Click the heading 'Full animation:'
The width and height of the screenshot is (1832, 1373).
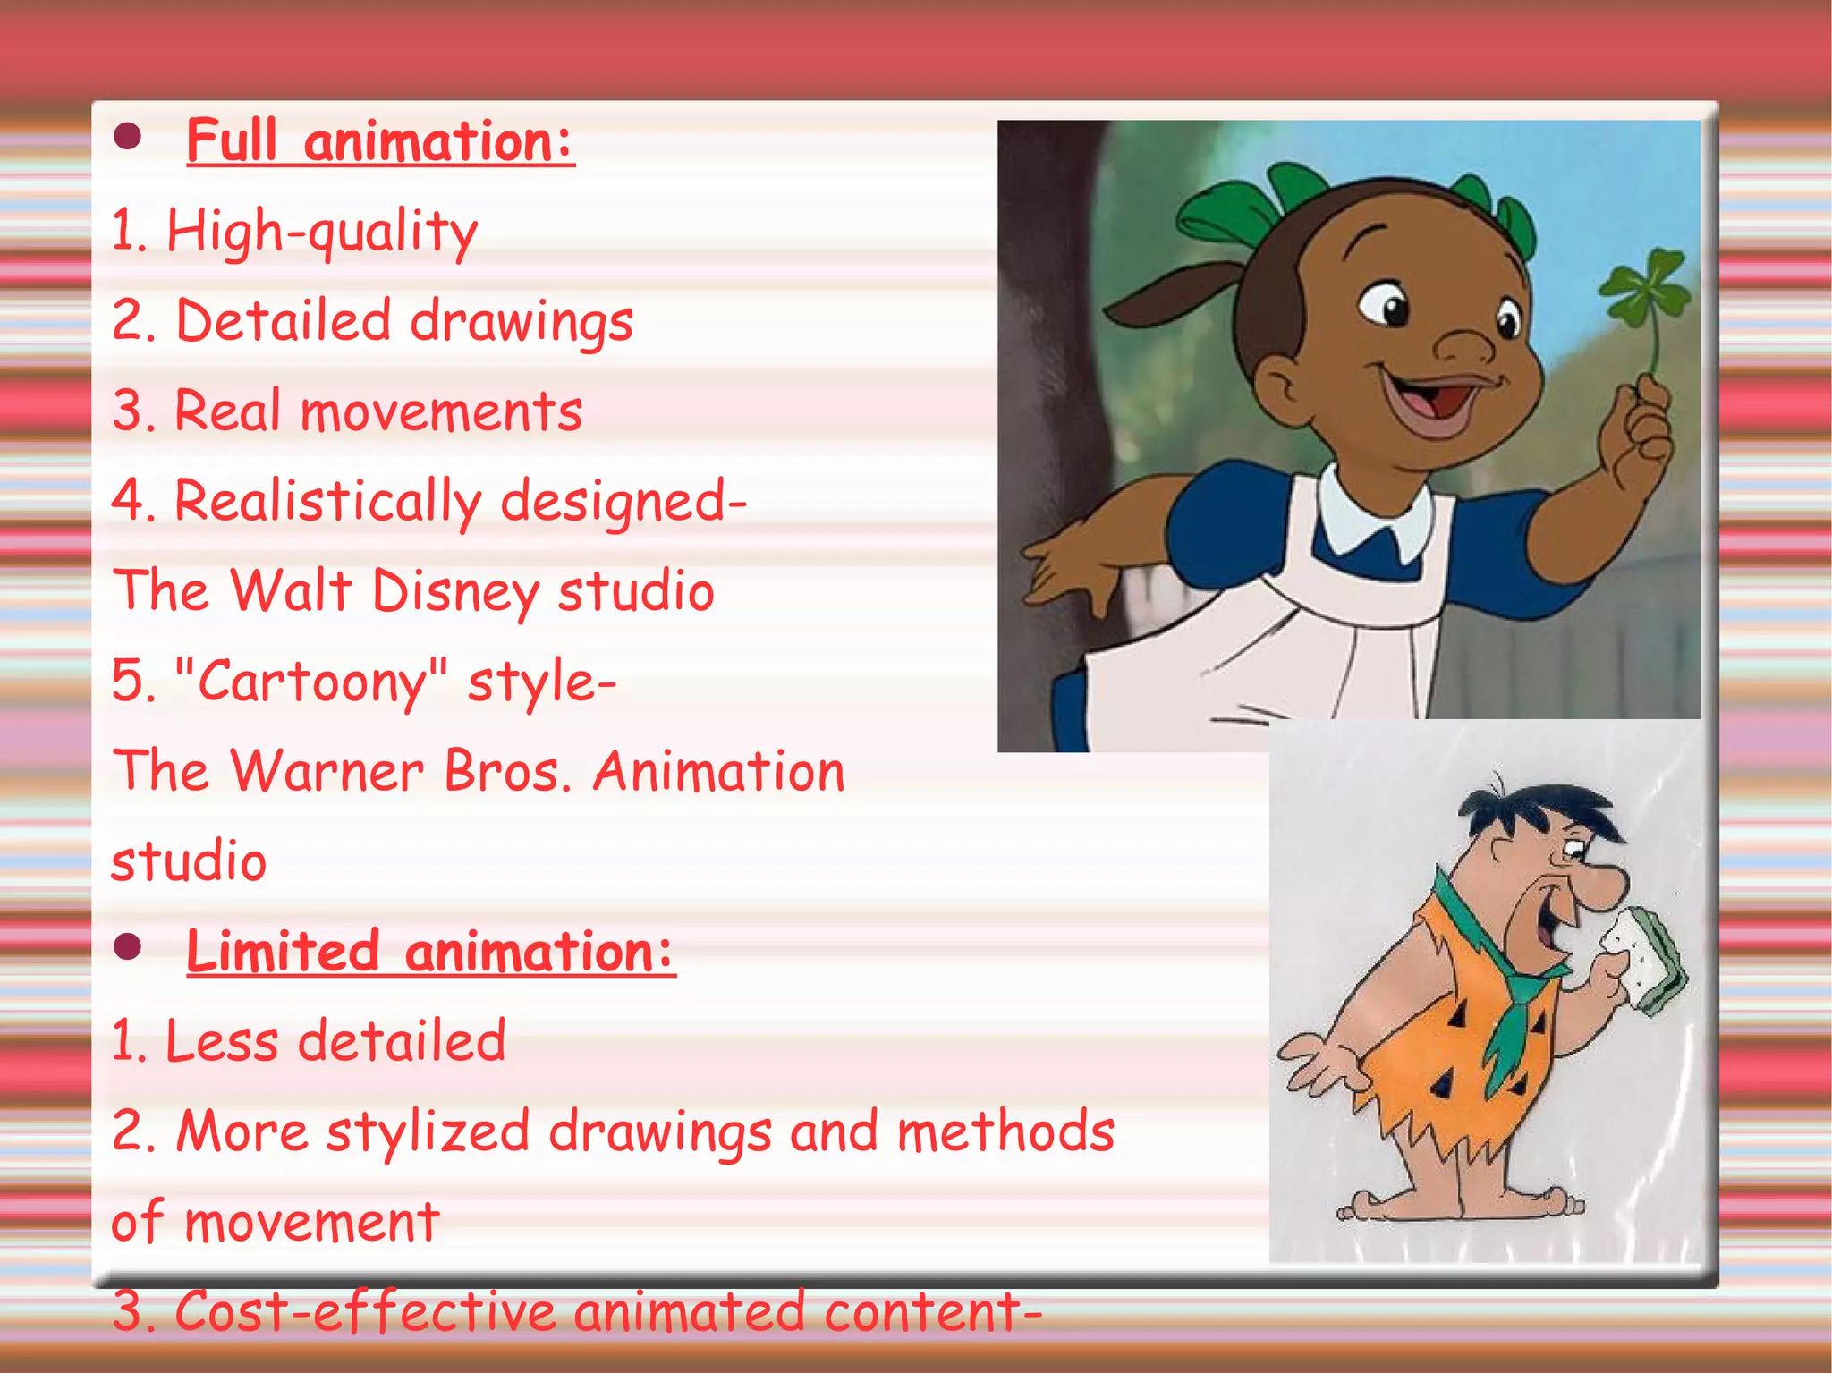380,141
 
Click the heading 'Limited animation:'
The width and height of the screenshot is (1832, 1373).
430,951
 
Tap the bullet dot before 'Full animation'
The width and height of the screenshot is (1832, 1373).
129,137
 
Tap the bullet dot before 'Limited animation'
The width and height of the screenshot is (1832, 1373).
129,947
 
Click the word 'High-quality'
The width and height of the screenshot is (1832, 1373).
322,232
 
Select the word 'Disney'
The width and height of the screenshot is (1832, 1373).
455,592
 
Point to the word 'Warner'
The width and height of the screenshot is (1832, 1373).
327,771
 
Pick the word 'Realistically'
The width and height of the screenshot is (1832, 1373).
327,501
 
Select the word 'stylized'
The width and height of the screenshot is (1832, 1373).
428,1131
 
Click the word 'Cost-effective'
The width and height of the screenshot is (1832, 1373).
366,1311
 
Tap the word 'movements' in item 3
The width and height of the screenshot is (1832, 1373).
441,411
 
